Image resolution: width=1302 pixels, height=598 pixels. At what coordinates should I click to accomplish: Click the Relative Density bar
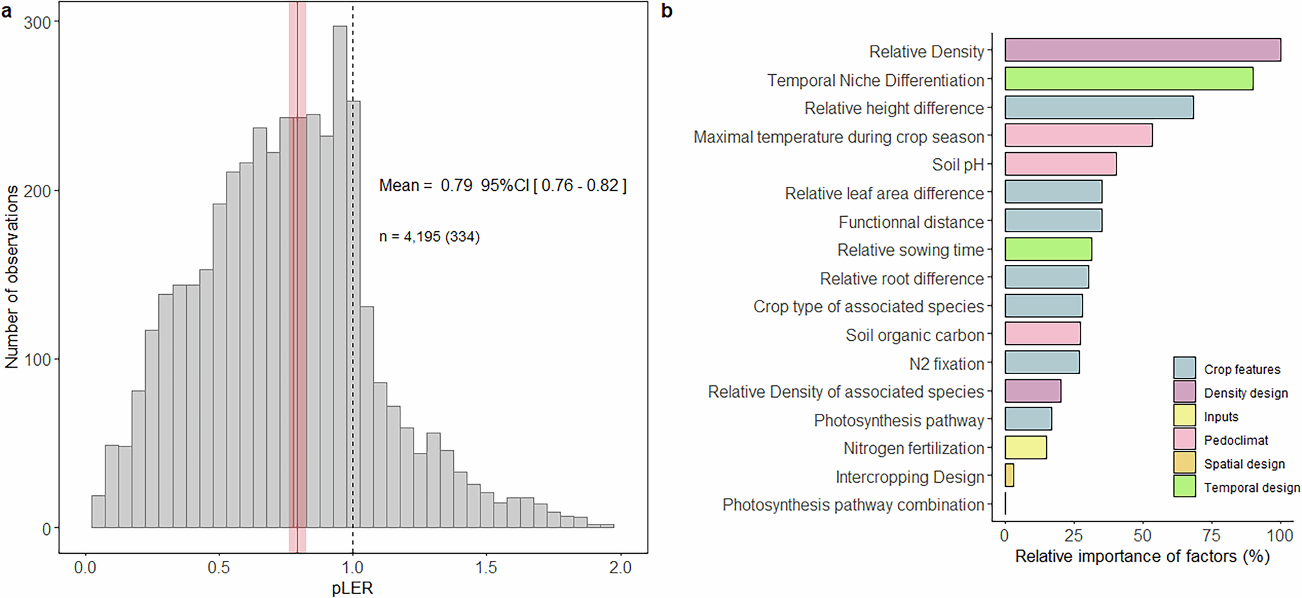[1143, 50]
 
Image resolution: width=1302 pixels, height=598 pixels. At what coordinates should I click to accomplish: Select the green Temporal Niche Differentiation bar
[1128, 79]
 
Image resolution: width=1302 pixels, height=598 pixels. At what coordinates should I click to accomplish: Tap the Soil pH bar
[1060, 164]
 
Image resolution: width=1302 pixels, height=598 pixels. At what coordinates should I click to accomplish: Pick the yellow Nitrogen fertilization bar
[1025, 448]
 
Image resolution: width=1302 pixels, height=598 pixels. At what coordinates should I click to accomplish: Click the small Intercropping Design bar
[1009, 476]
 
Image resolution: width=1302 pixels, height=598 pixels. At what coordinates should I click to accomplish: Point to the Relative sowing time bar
[1048, 249]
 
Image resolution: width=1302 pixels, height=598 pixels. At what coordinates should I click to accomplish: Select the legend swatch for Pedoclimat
[1184, 439]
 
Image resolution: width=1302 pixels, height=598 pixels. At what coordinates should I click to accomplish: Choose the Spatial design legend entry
[1243, 464]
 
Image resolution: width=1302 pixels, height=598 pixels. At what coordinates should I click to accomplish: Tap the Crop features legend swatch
[1184, 368]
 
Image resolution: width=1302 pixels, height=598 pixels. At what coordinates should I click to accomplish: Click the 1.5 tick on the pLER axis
[486, 568]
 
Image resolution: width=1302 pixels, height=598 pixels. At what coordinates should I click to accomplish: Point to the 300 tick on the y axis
[37, 23]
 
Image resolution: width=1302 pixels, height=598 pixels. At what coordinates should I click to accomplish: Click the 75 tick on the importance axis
[1211, 536]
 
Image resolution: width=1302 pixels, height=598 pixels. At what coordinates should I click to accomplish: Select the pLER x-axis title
[352, 588]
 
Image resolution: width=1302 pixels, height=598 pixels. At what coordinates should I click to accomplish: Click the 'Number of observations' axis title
[12, 277]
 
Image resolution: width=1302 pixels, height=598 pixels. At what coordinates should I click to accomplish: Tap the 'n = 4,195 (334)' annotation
[429, 237]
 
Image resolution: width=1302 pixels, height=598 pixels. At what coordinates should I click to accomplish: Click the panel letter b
[667, 11]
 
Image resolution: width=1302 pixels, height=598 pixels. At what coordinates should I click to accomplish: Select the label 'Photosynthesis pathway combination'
[853, 505]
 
